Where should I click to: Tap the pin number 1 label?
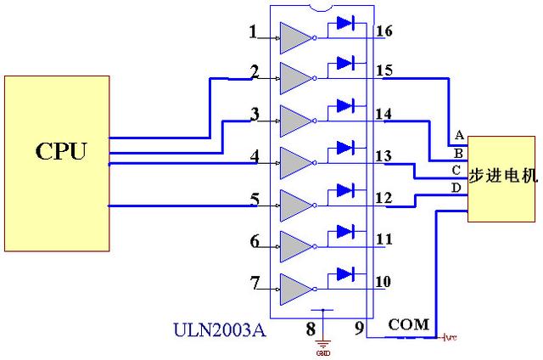pos(252,33)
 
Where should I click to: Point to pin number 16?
pos(383,31)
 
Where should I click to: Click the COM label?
pos(408,324)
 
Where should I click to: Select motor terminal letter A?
pos(459,136)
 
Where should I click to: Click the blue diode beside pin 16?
pos(344,23)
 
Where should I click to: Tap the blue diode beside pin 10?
pos(344,273)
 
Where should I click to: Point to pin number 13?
pos(383,156)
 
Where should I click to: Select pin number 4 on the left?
pos(254,157)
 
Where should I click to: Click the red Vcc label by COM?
pos(450,337)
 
